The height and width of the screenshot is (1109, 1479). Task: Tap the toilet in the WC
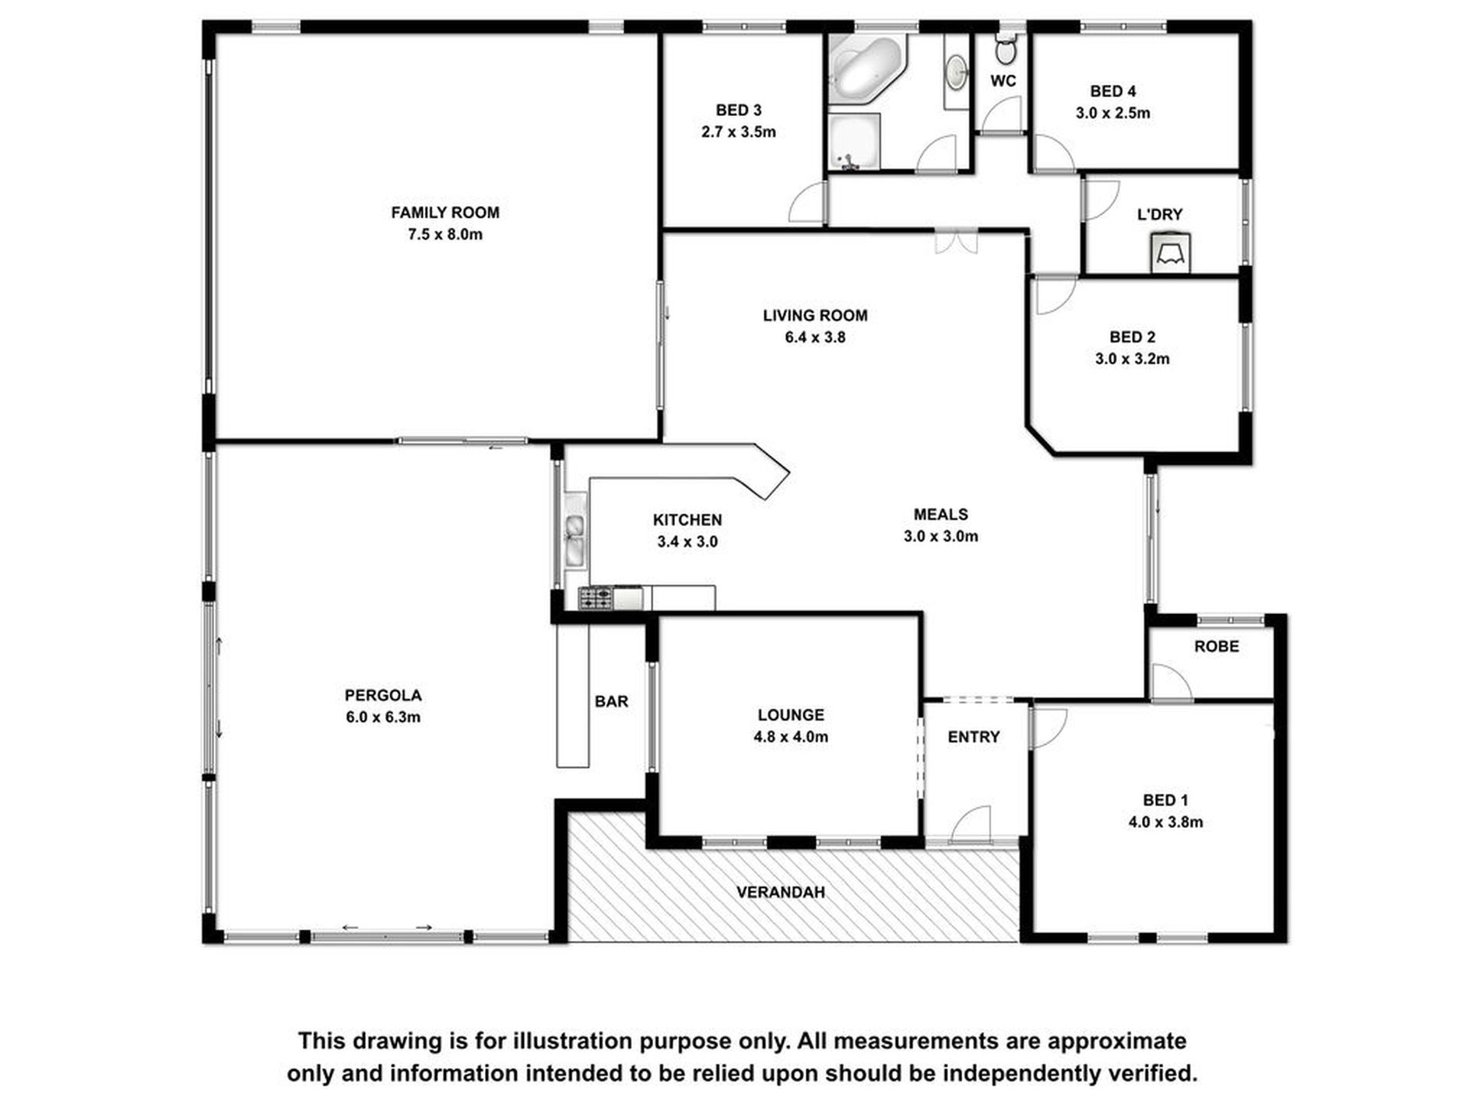(1005, 51)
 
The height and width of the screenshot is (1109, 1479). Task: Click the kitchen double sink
(575, 539)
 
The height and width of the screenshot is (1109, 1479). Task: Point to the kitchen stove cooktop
(595, 598)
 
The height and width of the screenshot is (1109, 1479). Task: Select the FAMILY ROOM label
(444, 212)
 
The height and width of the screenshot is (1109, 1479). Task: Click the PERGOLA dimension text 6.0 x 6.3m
(383, 718)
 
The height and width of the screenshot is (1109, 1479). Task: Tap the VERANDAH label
(780, 892)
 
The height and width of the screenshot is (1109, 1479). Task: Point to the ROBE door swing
(1170, 683)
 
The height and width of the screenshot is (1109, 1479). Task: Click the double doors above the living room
(955, 240)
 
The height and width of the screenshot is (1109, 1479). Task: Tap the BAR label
(611, 702)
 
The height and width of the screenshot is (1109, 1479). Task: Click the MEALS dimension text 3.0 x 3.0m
(940, 536)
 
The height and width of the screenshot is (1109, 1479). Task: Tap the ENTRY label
(973, 737)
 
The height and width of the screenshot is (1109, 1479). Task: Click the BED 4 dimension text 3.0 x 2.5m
(1112, 113)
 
